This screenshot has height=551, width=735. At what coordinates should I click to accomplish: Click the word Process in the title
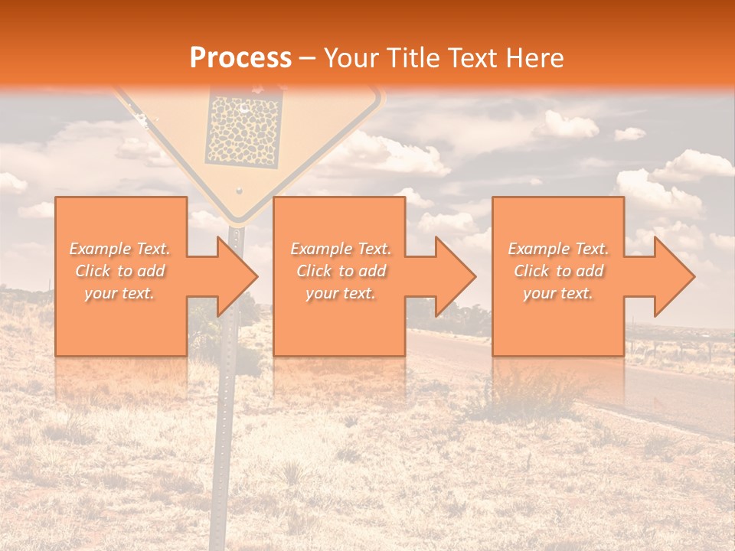[x=240, y=58]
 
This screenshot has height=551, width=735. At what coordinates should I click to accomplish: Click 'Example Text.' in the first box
[x=119, y=249]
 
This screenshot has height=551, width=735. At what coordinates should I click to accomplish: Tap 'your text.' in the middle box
[x=340, y=293]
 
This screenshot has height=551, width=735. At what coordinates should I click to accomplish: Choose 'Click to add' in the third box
[x=558, y=271]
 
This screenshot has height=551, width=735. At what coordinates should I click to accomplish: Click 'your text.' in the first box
[x=119, y=293]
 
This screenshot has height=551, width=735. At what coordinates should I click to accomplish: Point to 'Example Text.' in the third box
[x=558, y=249]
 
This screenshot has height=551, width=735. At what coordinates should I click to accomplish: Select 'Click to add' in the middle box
[x=340, y=271]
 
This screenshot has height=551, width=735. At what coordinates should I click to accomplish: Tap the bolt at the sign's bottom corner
[x=238, y=190]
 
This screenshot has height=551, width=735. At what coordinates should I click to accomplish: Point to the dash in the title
[x=308, y=58]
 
